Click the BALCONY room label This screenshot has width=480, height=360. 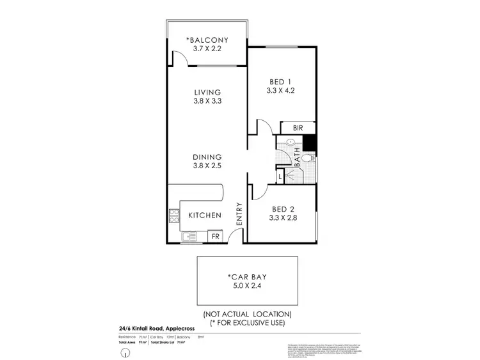[207, 40]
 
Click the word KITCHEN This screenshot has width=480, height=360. [205, 215]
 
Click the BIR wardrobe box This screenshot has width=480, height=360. [298, 128]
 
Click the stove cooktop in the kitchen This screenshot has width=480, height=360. [173, 215]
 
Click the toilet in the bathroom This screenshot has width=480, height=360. [308, 157]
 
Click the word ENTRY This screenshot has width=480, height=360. [239, 212]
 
